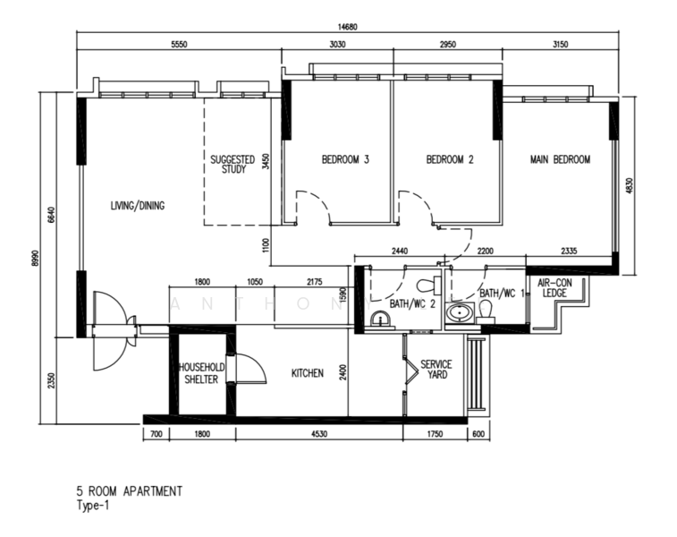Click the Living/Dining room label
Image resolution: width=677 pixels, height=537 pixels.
pos(138,206)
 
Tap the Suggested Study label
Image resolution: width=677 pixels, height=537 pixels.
pos(233,165)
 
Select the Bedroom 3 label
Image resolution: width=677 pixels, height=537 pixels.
pos(345,160)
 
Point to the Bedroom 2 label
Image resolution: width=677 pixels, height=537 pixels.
pos(450,160)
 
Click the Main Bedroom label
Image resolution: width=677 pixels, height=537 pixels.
pos(560,160)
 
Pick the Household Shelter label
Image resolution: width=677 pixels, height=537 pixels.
pos(201,373)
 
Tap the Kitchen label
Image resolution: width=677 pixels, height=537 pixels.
pos(308,373)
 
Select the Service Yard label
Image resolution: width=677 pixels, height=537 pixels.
pos(436,370)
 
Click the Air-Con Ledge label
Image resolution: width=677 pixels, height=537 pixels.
pos(554,288)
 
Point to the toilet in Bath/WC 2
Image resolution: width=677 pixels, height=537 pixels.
pos(428,286)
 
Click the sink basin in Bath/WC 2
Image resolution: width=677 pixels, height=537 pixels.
pos(380,320)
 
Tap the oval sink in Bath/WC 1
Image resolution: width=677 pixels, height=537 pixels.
pos(459,312)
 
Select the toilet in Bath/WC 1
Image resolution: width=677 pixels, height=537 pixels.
pos(486,312)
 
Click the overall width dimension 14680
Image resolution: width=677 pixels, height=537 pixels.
pos(348,27)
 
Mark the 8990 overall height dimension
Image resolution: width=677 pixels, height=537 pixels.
pos(35,258)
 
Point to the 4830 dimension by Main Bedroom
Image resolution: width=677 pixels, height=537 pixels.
pos(629,186)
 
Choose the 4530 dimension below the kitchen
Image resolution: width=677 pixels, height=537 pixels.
pos(319,434)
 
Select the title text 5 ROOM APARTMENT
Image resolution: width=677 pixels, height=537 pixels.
pos(130,491)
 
